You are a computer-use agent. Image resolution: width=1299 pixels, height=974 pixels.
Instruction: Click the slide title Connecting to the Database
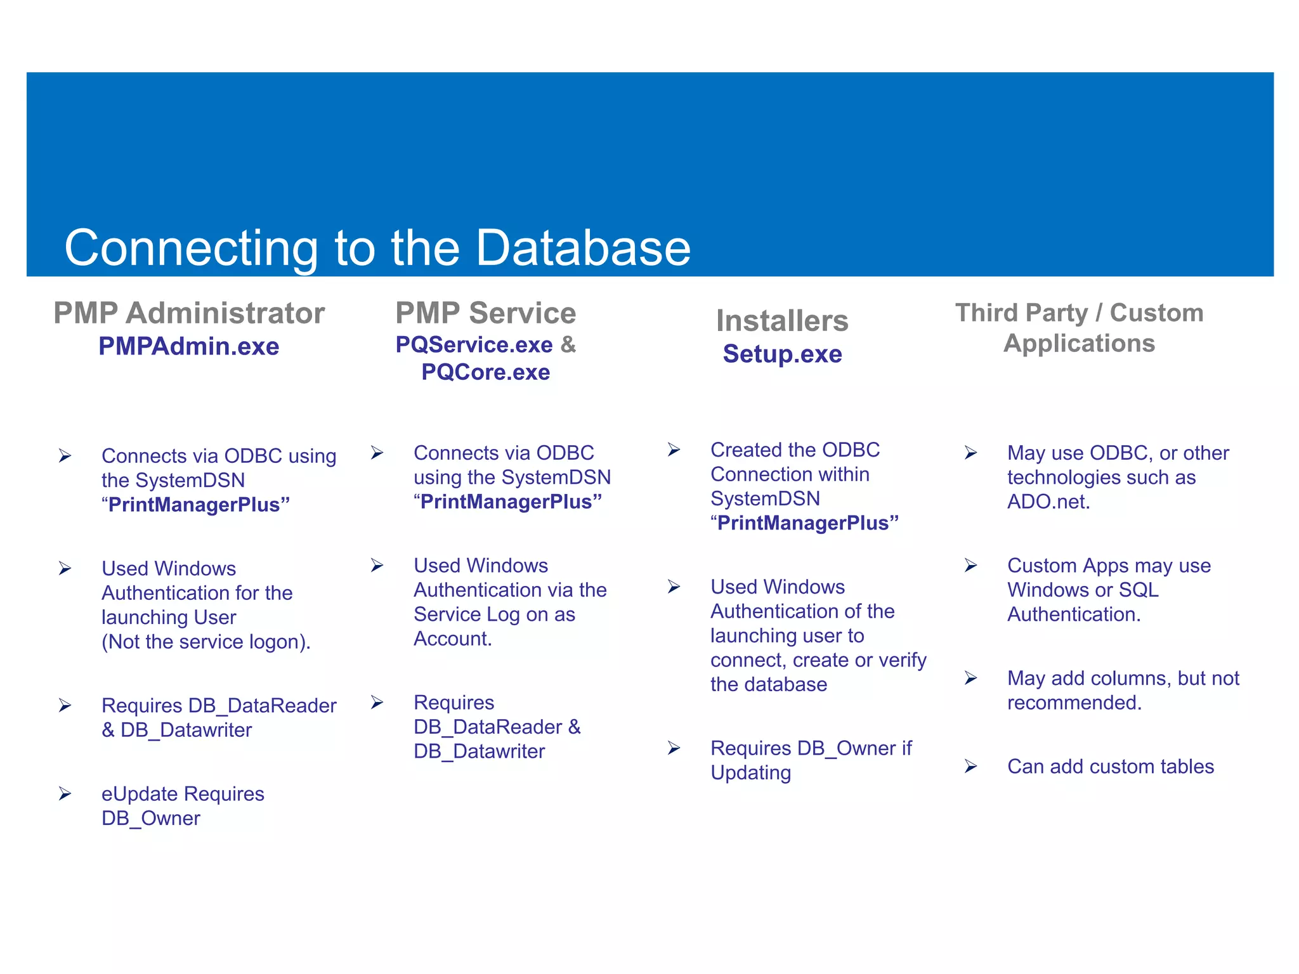(x=377, y=248)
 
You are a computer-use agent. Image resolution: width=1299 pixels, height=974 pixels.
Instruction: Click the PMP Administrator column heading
(x=189, y=313)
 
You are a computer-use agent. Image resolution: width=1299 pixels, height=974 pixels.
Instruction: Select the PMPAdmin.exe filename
(x=189, y=347)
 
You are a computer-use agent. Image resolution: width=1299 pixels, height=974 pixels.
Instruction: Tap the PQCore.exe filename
(x=485, y=372)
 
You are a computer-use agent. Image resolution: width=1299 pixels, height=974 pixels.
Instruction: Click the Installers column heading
(x=782, y=321)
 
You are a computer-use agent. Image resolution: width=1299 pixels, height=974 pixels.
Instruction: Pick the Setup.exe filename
(x=782, y=354)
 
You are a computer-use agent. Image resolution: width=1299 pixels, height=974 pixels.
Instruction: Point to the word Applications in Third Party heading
(x=1079, y=344)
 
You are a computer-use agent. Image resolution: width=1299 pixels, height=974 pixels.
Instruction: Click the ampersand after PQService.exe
(x=568, y=344)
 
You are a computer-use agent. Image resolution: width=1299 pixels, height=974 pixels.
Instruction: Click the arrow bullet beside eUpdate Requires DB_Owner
(x=65, y=794)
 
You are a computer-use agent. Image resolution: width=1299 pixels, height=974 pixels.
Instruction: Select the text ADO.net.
(x=1048, y=502)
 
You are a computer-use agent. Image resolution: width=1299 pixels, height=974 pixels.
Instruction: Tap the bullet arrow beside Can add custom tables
(x=970, y=767)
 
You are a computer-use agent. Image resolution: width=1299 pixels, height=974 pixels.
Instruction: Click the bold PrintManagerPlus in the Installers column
(x=804, y=523)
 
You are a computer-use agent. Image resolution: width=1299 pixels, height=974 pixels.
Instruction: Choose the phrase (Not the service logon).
(x=206, y=642)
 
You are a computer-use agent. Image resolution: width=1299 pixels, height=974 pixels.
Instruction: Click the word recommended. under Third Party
(x=1074, y=703)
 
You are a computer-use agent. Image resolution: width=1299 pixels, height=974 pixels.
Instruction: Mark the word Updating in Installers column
(x=750, y=773)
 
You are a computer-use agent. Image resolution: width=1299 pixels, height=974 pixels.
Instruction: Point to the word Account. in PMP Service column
(x=452, y=639)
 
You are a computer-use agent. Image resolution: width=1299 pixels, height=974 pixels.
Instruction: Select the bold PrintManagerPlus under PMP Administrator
(x=195, y=505)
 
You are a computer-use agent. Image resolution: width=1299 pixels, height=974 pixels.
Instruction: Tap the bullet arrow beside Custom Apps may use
(x=970, y=565)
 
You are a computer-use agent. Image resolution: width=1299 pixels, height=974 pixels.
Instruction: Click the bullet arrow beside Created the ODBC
(x=674, y=450)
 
